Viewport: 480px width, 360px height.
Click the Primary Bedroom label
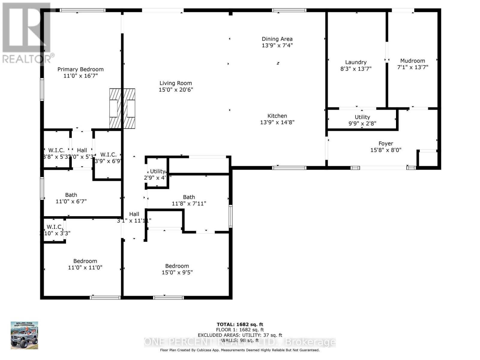pos(80,69)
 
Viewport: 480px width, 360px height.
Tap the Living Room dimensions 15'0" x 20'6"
pos(176,90)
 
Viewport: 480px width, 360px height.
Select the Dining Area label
pos(277,39)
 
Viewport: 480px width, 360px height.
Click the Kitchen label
pos(277,116)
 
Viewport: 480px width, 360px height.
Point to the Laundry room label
pos(356,62)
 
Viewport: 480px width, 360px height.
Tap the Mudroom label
pos(412,61)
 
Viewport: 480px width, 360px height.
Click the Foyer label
pos(386,144)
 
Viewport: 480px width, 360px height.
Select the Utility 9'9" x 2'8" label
pos(362,120)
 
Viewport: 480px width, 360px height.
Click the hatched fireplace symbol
pos(122,108)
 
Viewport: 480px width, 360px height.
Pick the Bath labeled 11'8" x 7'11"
pos(189,200)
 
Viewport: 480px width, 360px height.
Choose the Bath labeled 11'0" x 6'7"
pos(71,198)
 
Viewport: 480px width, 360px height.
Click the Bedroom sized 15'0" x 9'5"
pos(177,269)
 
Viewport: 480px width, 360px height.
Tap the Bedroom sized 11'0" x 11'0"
pos(85,264)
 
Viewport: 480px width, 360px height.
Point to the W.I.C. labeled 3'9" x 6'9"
pos(108,157)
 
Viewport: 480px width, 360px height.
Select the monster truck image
pos(25,335)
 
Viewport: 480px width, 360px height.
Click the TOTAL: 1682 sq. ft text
pos(240,324)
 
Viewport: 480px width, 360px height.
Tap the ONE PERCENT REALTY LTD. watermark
pos(240,342)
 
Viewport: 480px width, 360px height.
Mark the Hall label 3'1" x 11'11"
pos(134,217)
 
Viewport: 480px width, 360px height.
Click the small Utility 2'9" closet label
pos(157,174)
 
